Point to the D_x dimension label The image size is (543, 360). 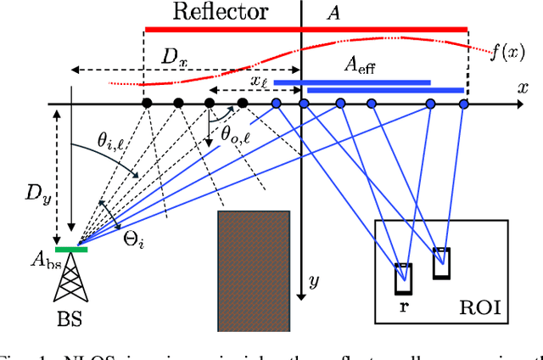click(173, 58)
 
